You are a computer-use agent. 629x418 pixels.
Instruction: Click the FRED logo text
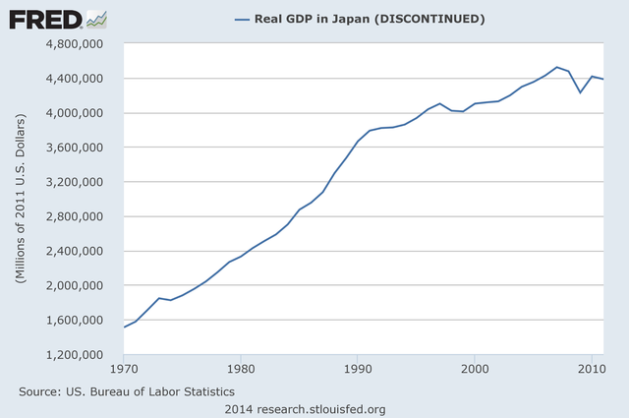tap(44, 19)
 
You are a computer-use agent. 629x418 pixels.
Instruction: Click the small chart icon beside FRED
tap(96, 19)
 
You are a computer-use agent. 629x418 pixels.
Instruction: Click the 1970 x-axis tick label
tap(124, 371)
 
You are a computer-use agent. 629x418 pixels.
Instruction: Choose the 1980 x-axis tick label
tap(241, 371)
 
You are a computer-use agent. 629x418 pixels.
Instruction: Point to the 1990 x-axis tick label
tap(358, 371)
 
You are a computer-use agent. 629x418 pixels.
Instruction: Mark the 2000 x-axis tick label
tap(475, 371)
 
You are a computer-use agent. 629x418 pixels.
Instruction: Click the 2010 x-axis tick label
tap(590, 371)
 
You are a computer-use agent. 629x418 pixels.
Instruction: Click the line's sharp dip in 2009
tap(580, 92)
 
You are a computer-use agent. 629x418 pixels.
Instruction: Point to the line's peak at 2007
tap(557, 67)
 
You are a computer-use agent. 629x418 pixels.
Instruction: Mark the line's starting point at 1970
tap(124, 327)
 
